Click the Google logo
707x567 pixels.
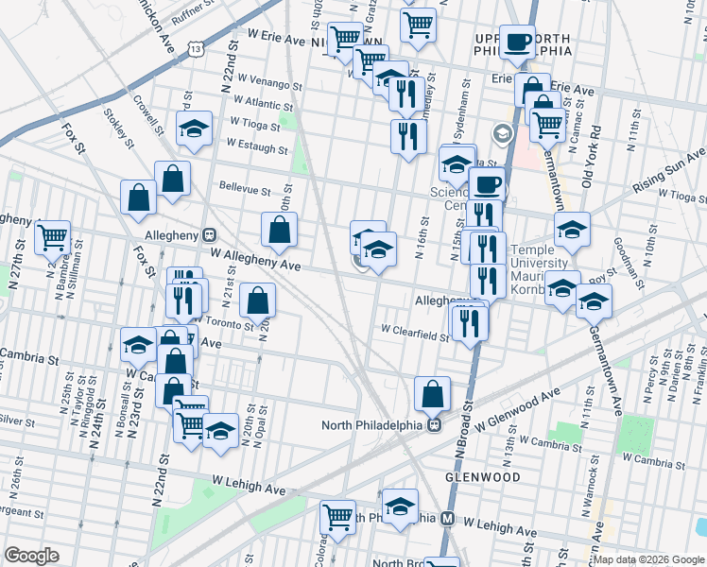(31, 556)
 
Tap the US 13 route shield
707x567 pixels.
(196, 47)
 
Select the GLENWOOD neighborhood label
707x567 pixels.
(491, 477)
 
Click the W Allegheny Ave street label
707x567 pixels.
(255, 261)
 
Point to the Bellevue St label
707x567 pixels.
(245, 188)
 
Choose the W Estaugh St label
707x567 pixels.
(256, 147)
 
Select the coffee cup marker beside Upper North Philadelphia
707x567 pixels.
(517, 42)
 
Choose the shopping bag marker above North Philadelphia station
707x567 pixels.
(432, 392)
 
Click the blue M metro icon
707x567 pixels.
(449, 519)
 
